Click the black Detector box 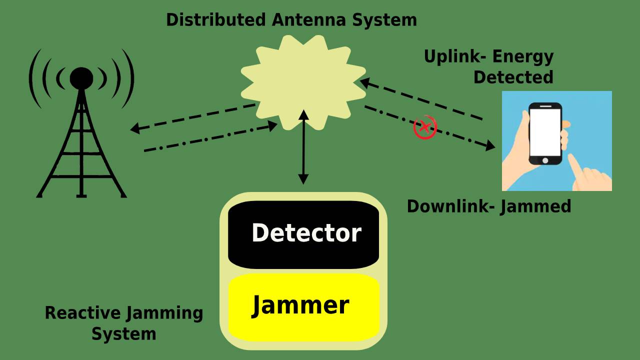click(303, 234)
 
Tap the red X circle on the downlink click(424, 128)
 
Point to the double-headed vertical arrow click(303, 147)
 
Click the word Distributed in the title click(216, 20)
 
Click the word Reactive click(82, 313)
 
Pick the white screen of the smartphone click(545, 132)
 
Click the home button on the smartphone click(545, 160)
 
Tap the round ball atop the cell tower click(81, 78)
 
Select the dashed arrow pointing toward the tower click(192, 117)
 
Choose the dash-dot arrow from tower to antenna click(210, 137)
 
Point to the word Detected click(513, 77)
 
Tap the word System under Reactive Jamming click(123, 333)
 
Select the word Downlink click(447, 206)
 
